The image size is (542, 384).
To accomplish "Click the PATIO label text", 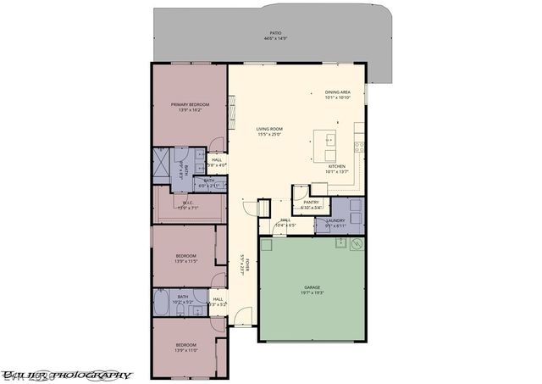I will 275,33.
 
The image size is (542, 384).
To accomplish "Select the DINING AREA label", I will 339,92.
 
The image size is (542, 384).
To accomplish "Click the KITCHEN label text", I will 337,166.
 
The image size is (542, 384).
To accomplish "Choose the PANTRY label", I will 310,202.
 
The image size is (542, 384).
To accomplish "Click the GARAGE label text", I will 312,288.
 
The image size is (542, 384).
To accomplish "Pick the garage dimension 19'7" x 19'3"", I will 312,294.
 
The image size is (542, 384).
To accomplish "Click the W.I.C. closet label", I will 188,203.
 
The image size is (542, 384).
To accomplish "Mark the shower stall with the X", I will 162,160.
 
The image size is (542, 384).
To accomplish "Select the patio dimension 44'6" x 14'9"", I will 275,39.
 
